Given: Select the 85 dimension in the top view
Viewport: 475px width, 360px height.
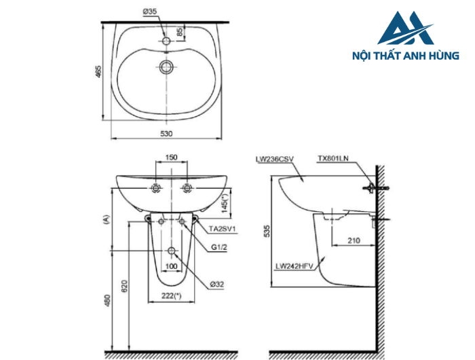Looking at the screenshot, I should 180,32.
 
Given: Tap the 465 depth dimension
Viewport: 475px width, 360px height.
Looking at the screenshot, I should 98,71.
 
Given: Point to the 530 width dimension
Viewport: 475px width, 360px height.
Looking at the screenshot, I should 166,133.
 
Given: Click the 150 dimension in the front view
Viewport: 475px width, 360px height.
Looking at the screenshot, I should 171,157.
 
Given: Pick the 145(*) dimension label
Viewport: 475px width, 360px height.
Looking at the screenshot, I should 225,200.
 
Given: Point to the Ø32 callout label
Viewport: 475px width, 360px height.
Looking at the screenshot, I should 216,285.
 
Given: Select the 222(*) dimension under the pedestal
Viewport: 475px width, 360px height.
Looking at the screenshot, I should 171,295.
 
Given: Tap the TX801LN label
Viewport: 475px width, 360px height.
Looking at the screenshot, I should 332,159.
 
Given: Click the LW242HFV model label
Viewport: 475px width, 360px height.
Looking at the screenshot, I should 293,266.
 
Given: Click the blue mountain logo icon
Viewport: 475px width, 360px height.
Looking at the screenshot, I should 404,31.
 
